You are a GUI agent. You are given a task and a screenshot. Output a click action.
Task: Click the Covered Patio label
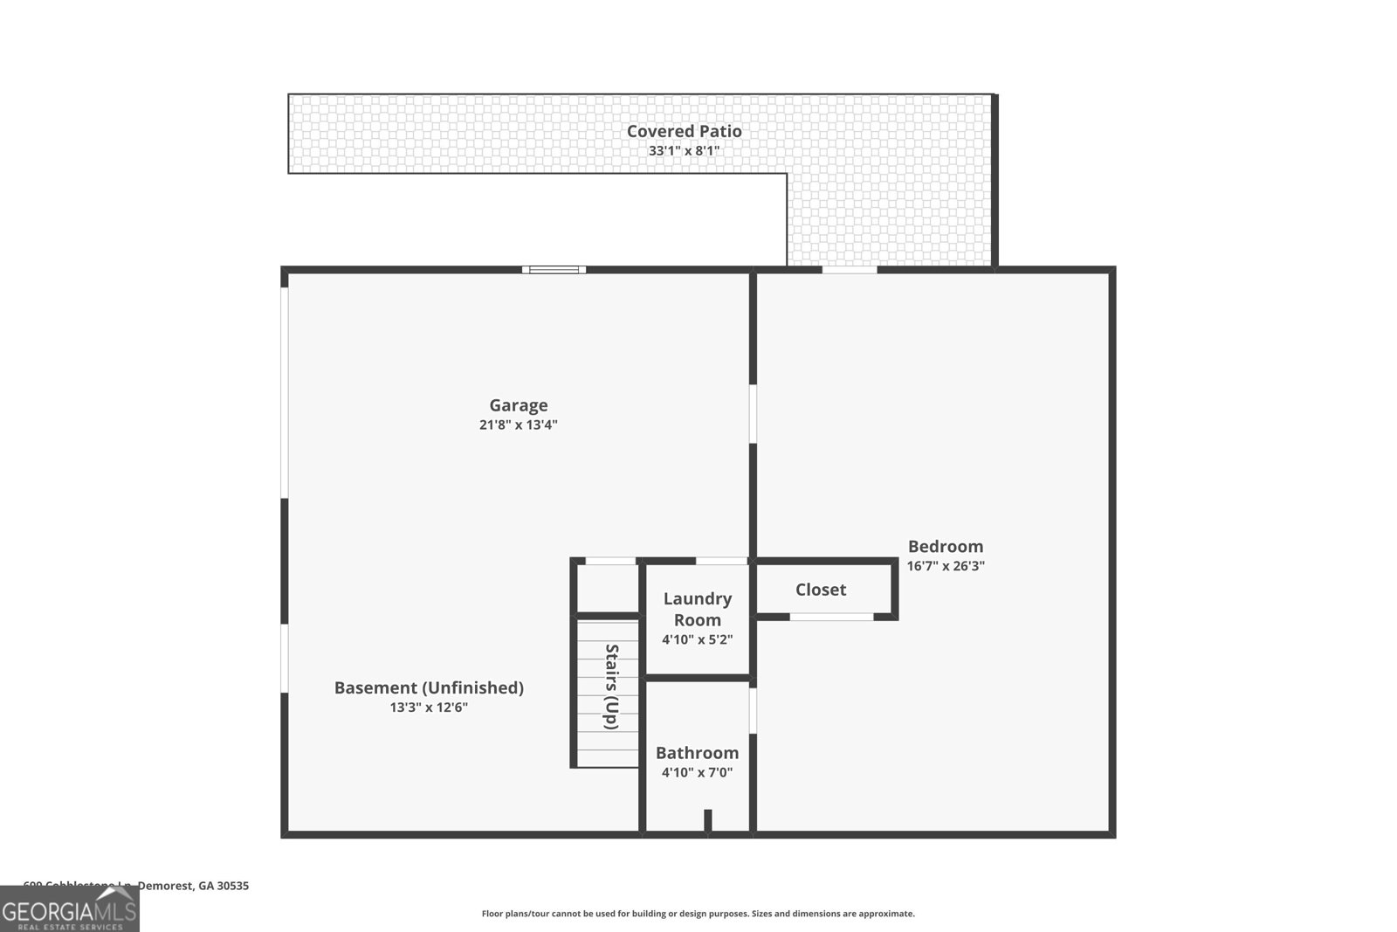coord(684,131)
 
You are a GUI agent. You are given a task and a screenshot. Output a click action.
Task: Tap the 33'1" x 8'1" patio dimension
coord(684,151)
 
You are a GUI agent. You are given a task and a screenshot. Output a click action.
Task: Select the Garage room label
coord(518,405)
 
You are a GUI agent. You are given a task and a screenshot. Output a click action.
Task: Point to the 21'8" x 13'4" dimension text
coord(518,425)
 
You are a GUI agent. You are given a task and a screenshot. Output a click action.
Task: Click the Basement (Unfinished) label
coord(429,687)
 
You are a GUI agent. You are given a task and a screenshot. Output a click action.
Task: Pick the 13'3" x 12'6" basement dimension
coord(429,708)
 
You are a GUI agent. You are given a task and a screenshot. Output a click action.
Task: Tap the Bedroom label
coord(945,546)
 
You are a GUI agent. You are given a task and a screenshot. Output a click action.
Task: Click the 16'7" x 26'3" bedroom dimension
coord(945,566)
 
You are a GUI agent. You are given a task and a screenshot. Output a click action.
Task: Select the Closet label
coord(820,590)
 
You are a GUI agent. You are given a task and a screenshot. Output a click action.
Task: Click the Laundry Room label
coord(697,609)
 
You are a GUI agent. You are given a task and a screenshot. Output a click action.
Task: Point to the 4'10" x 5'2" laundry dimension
coord(697,639)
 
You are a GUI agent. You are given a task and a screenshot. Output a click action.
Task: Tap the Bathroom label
coord(697,752)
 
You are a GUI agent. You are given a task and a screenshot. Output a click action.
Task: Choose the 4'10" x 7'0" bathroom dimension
coord(697,772)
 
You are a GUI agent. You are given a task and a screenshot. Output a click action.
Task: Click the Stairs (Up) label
coord(611,687)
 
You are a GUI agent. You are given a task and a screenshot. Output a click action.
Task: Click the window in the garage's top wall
coord(554,270)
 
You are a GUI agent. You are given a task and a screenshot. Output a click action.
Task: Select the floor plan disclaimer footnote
coord(698,914)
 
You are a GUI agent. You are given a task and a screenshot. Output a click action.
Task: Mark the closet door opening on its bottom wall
coord(830,617)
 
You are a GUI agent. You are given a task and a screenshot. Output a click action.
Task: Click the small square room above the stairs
coord(608,589)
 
